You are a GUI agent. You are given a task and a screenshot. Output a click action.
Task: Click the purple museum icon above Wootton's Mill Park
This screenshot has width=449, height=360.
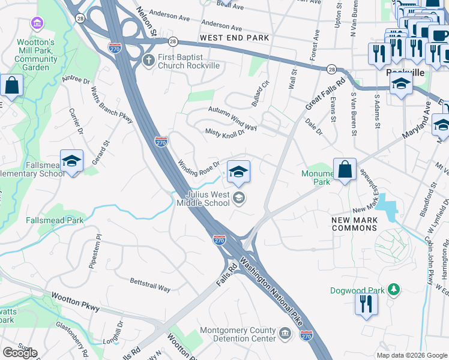[37, 23]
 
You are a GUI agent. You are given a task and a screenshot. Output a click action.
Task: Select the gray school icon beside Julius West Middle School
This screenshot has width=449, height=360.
[239, 199]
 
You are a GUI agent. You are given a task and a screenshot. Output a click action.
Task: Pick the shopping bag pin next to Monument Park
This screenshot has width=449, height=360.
[345, 170]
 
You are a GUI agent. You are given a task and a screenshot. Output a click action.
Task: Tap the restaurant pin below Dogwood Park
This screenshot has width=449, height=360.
[366, 304]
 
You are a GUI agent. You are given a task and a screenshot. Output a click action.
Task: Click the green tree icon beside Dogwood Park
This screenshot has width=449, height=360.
[394, 290]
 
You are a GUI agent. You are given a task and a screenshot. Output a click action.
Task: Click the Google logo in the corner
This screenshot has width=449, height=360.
[19, 352]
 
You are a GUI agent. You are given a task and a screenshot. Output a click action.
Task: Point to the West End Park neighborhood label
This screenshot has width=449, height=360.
[234, 38]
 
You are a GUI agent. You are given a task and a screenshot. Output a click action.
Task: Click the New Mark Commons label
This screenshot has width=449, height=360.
[355, 224]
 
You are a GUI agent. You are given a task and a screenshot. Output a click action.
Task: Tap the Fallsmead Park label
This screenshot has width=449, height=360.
[55, 220]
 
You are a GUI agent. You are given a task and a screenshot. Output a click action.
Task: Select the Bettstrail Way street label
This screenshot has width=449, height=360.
[150, 284]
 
